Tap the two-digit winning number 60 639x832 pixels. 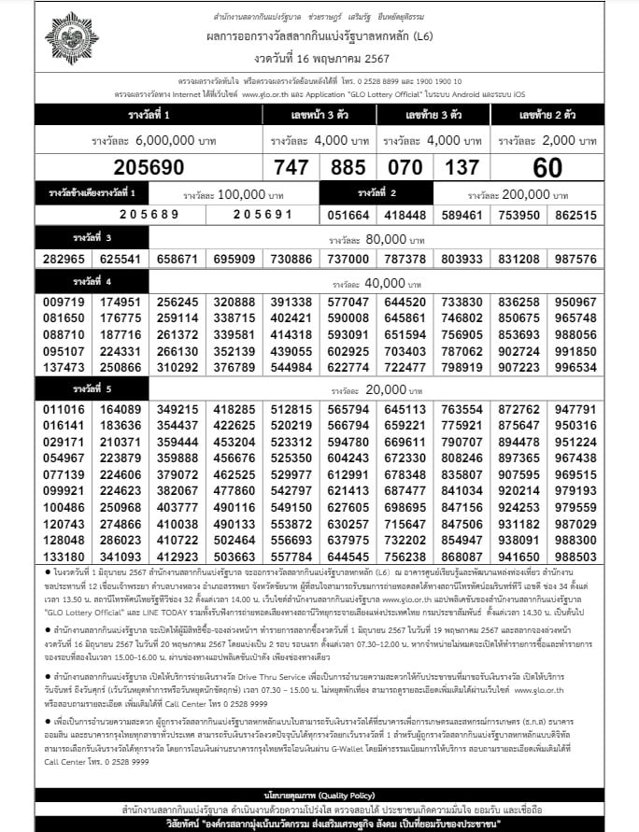point(547,168)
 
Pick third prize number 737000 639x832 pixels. point(348,259)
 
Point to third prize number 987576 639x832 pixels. point(575,259)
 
